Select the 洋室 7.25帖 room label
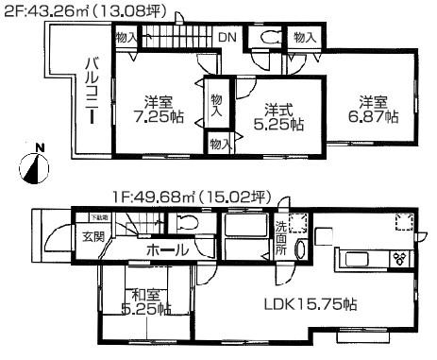coord(157,111)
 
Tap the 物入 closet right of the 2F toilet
coord(304,38)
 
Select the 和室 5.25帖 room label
coord(144,300)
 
